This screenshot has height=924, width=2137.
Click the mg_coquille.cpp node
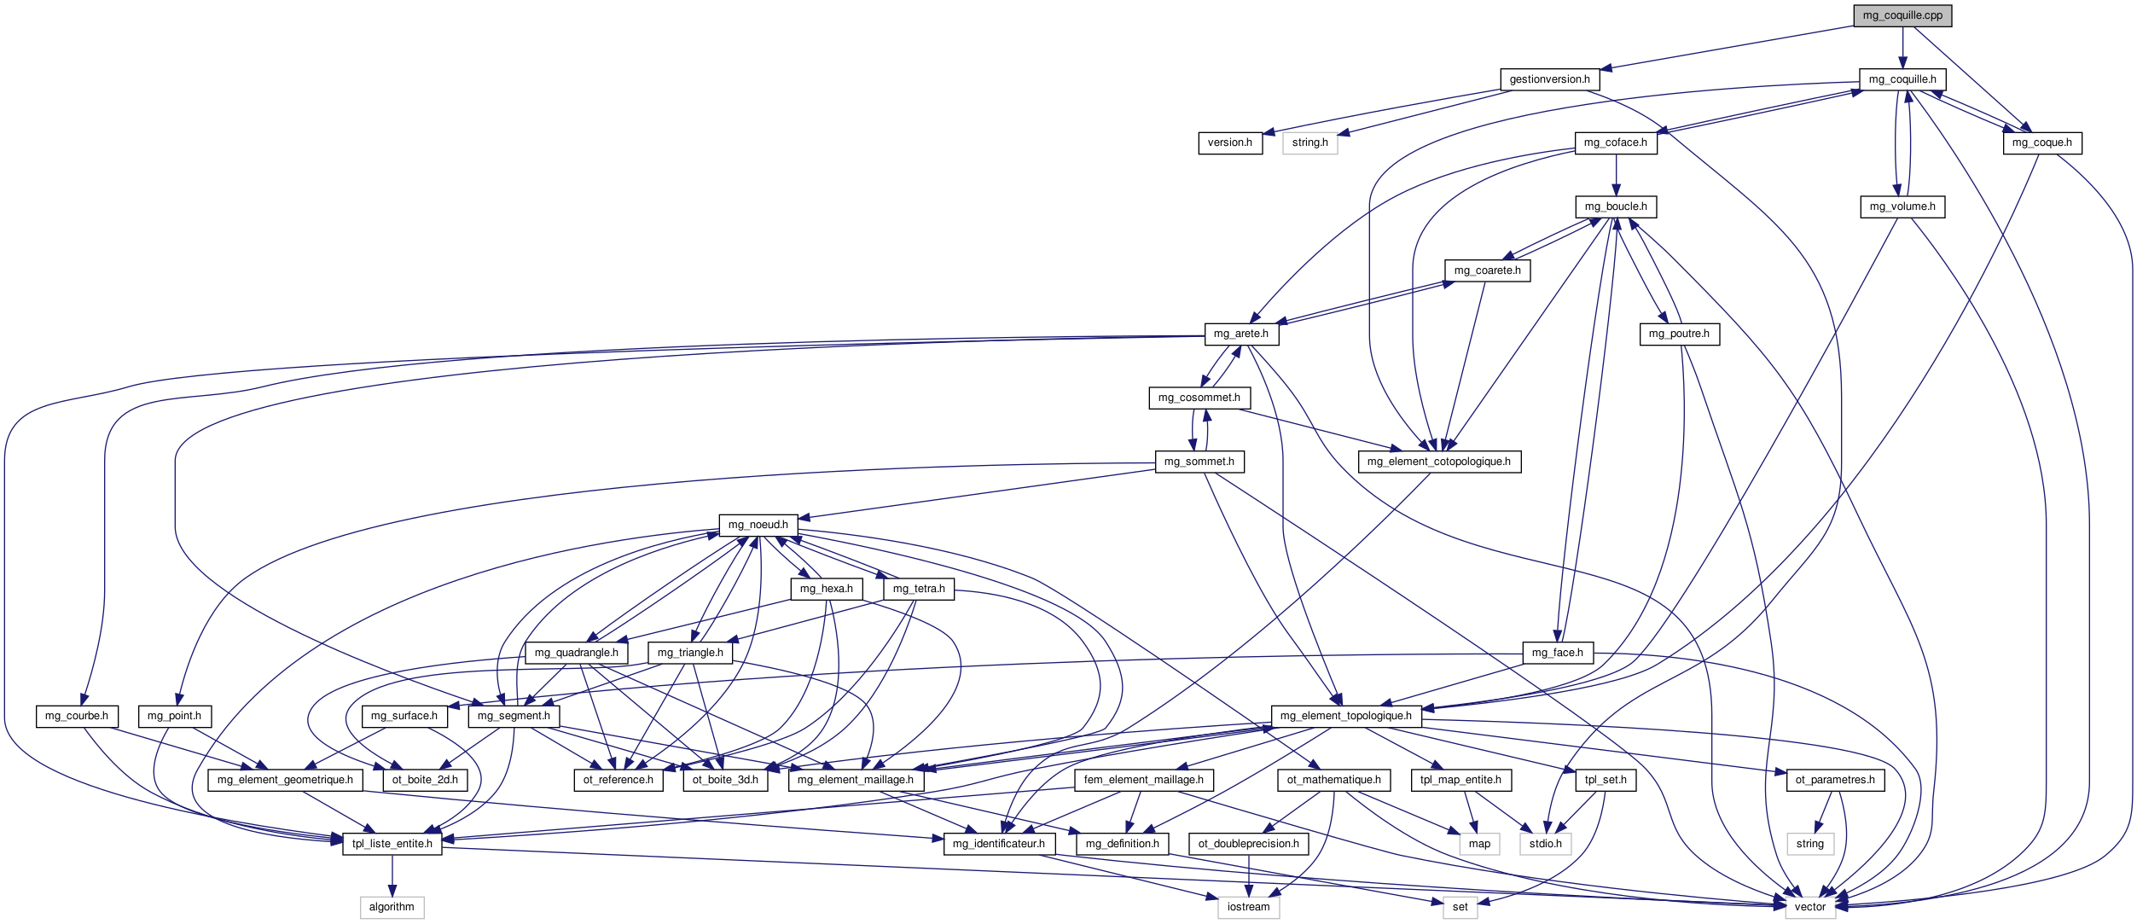pos(1902,15)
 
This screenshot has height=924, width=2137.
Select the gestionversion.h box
pos(1549,79)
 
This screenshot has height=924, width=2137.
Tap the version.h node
pos(1229,142)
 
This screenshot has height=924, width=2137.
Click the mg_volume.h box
pos(1902,206)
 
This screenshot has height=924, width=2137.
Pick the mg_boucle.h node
pos(1615,206)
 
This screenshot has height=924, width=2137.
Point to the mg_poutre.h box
pos(1678,334)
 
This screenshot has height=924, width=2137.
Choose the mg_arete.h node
pos(1240,334)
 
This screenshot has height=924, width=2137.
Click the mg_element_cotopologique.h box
pos(1438,462)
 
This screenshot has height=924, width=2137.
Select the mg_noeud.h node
pos(758,525)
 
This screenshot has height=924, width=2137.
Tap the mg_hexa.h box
pos(826,589)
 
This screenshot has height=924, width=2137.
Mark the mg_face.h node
pos(1557,653)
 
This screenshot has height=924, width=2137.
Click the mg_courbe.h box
pos(76,716)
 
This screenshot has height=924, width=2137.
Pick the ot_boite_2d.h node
pos(425,780)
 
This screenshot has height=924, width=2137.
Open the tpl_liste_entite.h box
pos(392,844)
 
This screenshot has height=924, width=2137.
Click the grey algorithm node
pos(392,907)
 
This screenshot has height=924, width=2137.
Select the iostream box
pos(1248,907)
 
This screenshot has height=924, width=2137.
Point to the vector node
pos(1809,907)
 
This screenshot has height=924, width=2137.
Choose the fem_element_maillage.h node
pos(1143,780)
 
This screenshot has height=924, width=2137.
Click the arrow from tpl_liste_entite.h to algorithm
pos(392,875)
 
